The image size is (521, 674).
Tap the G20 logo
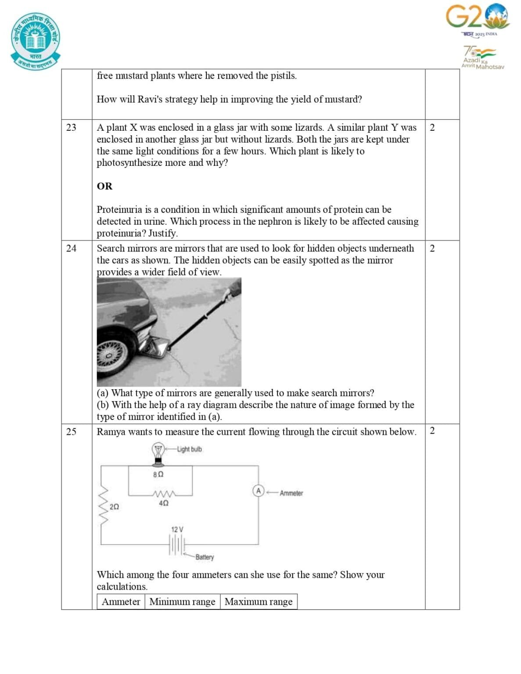pos(478,18)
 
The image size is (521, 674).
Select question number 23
pos(71,127)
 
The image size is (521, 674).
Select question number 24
pos(71,248)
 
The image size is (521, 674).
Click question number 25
pos(71,432)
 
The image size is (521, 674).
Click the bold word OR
pos(104,186)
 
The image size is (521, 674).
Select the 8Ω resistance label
pos(158,474)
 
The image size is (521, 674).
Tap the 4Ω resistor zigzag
pos(164,494)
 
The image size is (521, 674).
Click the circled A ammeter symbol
pos(259,491)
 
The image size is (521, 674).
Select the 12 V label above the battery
pos(177,529)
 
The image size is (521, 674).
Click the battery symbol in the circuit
pos(177,546)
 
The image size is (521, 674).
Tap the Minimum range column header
pos(182,602)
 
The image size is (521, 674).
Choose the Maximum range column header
pos(259,602)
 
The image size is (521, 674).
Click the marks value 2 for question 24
pos(432,248)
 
